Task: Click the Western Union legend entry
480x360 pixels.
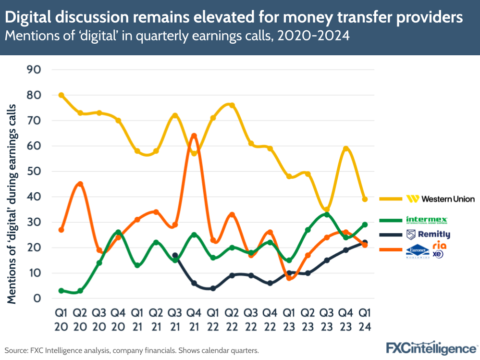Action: click(x=440, y=199)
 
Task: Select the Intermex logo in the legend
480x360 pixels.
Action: click(x=427, y=220)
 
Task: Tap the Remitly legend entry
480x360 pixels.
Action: click(x=428, y=235)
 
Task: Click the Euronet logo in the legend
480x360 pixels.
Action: click(x=417, y=251)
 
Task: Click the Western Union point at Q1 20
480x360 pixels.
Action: click(x=61, y=95)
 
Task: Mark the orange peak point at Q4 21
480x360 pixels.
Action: click(x=194, y=136)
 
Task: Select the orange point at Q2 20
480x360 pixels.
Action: click(x=80, y=184)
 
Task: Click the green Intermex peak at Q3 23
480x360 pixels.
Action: click(x=327, y=214)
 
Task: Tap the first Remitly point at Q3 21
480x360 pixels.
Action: click(x=175, y=255)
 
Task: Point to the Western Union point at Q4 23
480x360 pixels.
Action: click(x=345, y=149)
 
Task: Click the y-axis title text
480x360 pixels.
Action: click(x=12, y=204)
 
